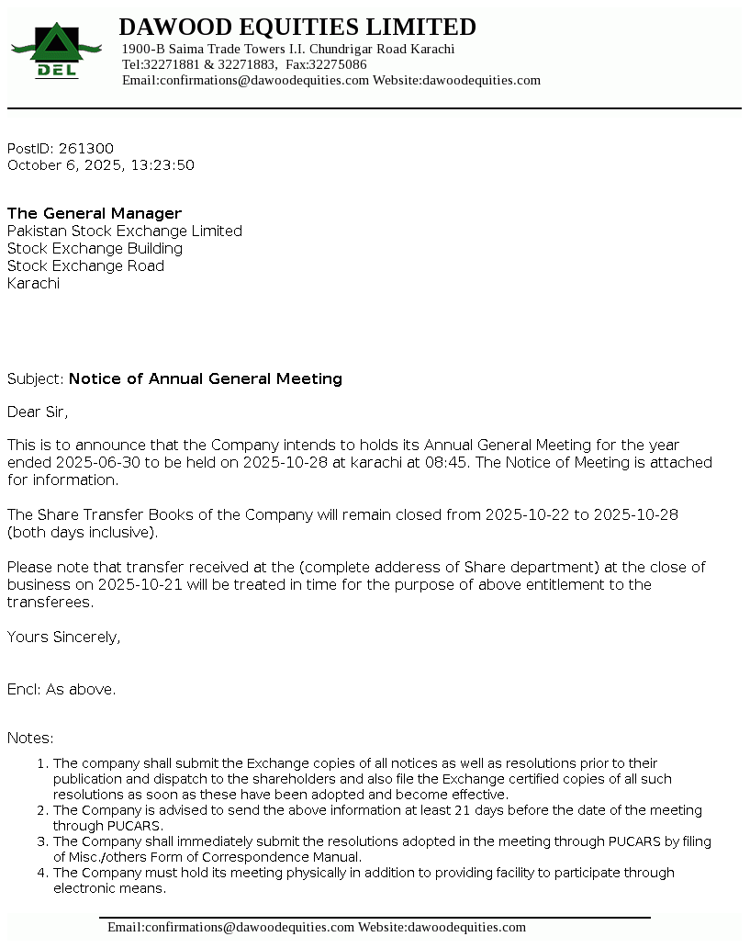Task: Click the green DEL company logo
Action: pos(55,51)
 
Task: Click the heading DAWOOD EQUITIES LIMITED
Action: pos(297,27)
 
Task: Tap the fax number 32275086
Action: pos(337,64)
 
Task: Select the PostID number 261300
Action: pos(86,149)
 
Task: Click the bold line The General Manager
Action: pos(95,213)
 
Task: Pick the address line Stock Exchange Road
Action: pos(86,265)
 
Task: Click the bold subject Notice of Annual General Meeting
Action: pos(206,378)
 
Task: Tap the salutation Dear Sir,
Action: pos(38,411)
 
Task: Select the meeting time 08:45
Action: pos(446,462)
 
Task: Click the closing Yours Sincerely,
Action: pos(63,637)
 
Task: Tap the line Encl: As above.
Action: pos(62,689)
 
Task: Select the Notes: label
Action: pos(30,738)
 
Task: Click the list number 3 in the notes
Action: pos(42,841)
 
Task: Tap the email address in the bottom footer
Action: pos(230,927)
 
